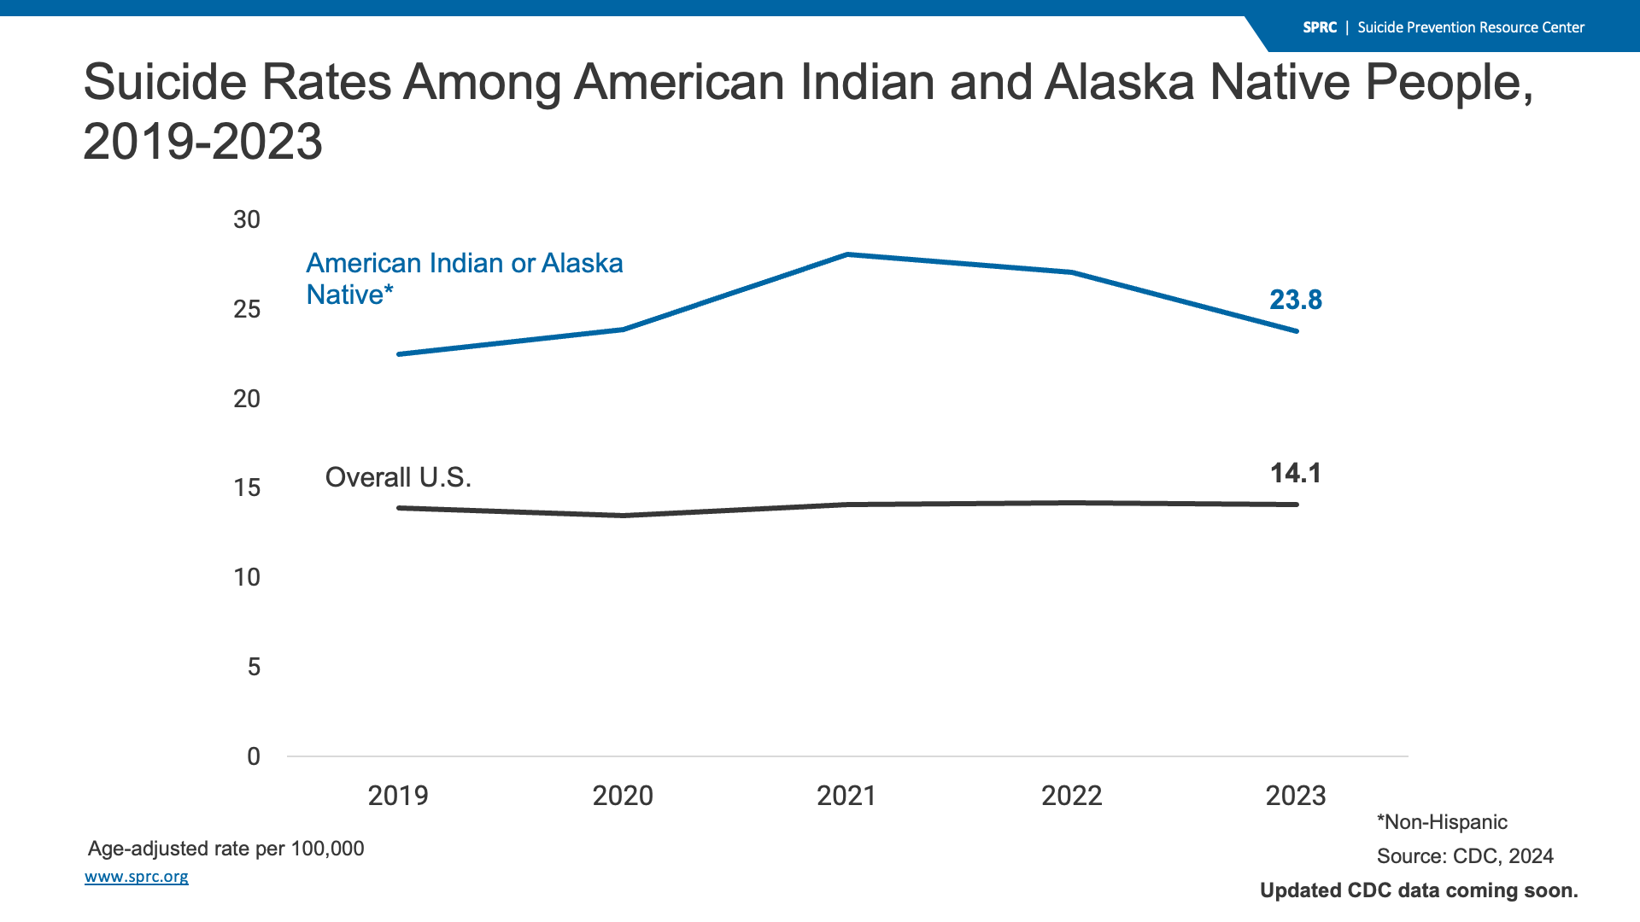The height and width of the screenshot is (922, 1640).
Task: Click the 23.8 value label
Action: [1295, 300]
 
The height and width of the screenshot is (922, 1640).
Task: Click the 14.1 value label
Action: [1295, 473]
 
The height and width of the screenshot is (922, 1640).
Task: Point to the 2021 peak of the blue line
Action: [846, 254]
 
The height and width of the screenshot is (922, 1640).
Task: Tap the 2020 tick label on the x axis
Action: [623, 796]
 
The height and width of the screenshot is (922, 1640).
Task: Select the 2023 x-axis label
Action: [1295, 796]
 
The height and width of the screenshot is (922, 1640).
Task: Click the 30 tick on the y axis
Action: [247, 220]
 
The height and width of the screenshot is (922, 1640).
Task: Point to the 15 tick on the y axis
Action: [247, 487]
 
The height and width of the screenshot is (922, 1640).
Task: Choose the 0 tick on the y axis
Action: [254, 756]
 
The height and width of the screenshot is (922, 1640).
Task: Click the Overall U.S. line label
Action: [398, 477]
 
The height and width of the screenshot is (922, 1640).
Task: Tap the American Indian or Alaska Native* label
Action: [464, 278]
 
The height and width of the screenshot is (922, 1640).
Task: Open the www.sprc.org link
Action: [137, 877]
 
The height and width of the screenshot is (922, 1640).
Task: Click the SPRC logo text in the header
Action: [1319, 27]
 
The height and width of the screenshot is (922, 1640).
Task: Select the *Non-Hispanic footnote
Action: [1442, 822]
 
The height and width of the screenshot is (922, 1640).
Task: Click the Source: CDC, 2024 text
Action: [1465, 856]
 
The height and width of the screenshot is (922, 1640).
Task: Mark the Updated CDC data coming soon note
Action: [1419, 890]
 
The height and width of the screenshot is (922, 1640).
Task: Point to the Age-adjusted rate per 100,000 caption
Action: [225, 849]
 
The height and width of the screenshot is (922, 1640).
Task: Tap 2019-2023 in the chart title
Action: [202, 142]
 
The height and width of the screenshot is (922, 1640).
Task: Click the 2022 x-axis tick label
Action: [1071, 796]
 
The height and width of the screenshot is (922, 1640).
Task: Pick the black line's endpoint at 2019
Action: [400, 508]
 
